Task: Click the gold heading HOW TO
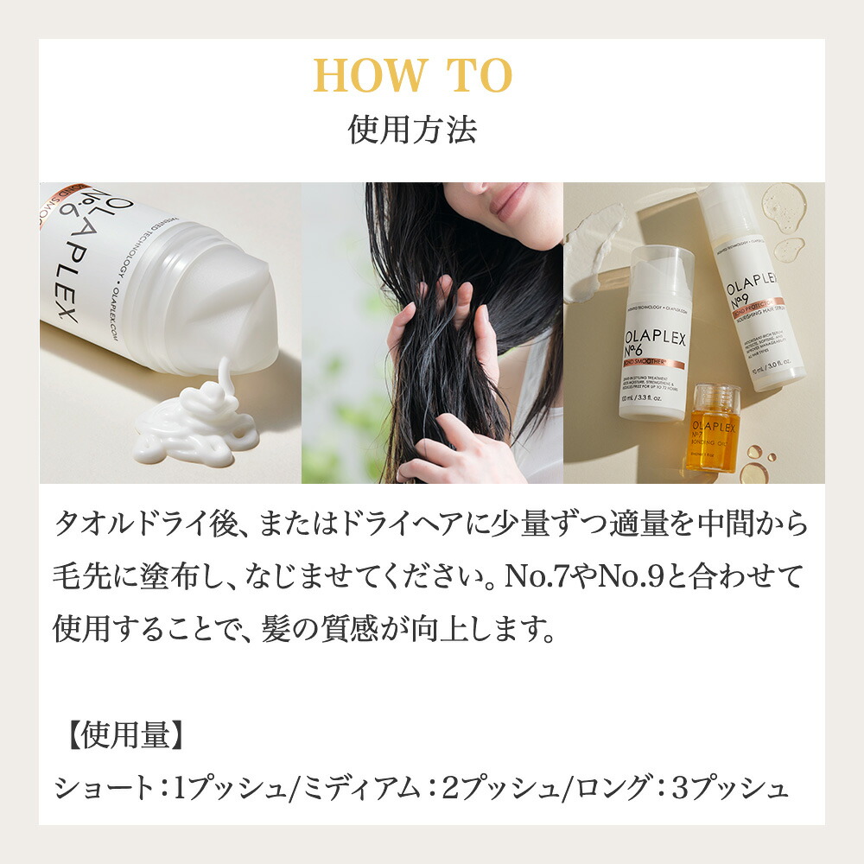click(x=413, y=77)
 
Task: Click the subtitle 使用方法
click(x=413, y=130)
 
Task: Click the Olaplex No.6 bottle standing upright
click(x=656, y=333)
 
